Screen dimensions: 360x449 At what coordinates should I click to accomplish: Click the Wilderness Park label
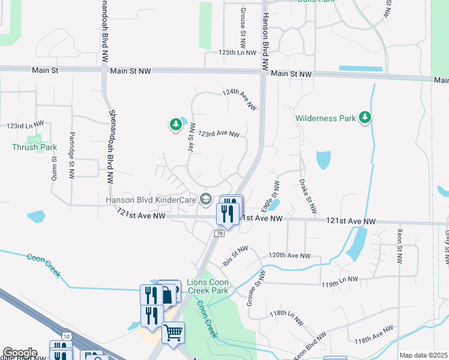[325, 118]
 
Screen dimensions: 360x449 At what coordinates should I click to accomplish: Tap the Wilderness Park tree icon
[364, 118]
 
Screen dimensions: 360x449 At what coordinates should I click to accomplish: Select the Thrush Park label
[34, 146]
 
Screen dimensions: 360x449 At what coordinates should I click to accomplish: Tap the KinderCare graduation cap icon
[206, 199]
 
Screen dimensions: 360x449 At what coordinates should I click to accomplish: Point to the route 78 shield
[220, 233]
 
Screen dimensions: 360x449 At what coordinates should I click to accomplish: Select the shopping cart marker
[173, 332]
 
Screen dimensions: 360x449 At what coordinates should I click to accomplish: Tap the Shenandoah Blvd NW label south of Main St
[111, 146]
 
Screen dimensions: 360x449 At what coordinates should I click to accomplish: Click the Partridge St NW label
[71, 155]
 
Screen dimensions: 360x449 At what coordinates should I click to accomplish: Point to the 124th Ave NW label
[240, 100]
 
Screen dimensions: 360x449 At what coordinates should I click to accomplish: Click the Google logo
[20, 353]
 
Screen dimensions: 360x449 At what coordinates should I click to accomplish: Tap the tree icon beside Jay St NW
[175, 124]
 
